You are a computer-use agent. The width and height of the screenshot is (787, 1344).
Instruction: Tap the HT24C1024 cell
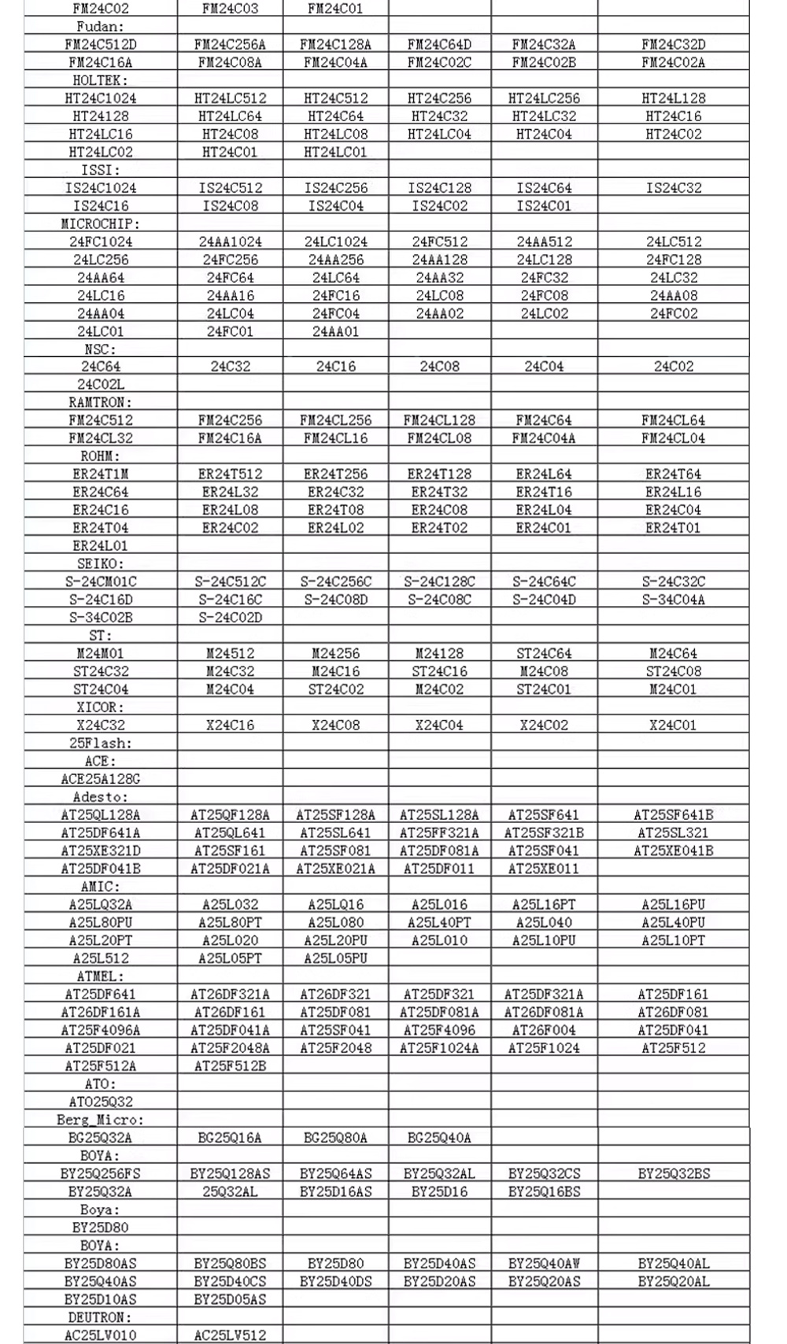[100, 98]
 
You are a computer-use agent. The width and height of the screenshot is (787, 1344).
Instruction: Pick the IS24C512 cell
[230, 188]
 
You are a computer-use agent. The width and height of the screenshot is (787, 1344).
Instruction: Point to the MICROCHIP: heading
[100, 224]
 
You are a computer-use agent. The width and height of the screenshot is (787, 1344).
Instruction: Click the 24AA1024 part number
[230, 242]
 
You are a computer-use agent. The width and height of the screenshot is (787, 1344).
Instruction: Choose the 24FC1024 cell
[100, 242]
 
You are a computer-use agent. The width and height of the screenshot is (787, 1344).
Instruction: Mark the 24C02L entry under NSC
[100, 385]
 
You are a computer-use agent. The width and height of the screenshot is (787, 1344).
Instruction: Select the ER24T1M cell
[100, 474]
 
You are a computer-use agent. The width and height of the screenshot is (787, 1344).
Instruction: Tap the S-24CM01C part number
[100, 582]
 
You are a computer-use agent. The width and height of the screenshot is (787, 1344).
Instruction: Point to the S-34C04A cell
[673, 600]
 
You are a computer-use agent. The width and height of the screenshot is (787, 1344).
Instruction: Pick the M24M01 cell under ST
[100, 654]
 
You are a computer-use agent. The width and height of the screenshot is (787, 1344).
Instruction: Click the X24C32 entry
[100, 726]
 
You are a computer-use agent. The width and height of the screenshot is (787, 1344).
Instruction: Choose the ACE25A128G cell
[100, 779]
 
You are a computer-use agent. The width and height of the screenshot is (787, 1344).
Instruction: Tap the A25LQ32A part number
[100, 905]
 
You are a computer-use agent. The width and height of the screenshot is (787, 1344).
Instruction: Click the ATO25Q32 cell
[100, 1102]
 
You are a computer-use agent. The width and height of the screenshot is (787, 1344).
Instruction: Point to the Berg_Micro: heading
[100, 1120]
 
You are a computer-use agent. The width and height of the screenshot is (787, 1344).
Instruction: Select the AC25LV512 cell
[230, 1335]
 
